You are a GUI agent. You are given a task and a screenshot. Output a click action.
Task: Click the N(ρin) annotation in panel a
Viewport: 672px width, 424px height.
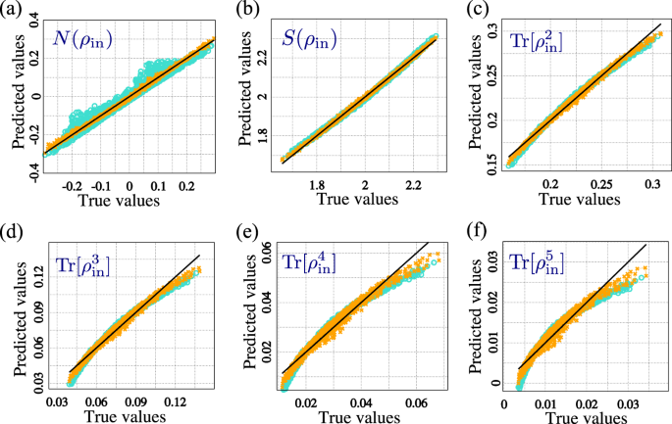[x=84, y=43]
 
